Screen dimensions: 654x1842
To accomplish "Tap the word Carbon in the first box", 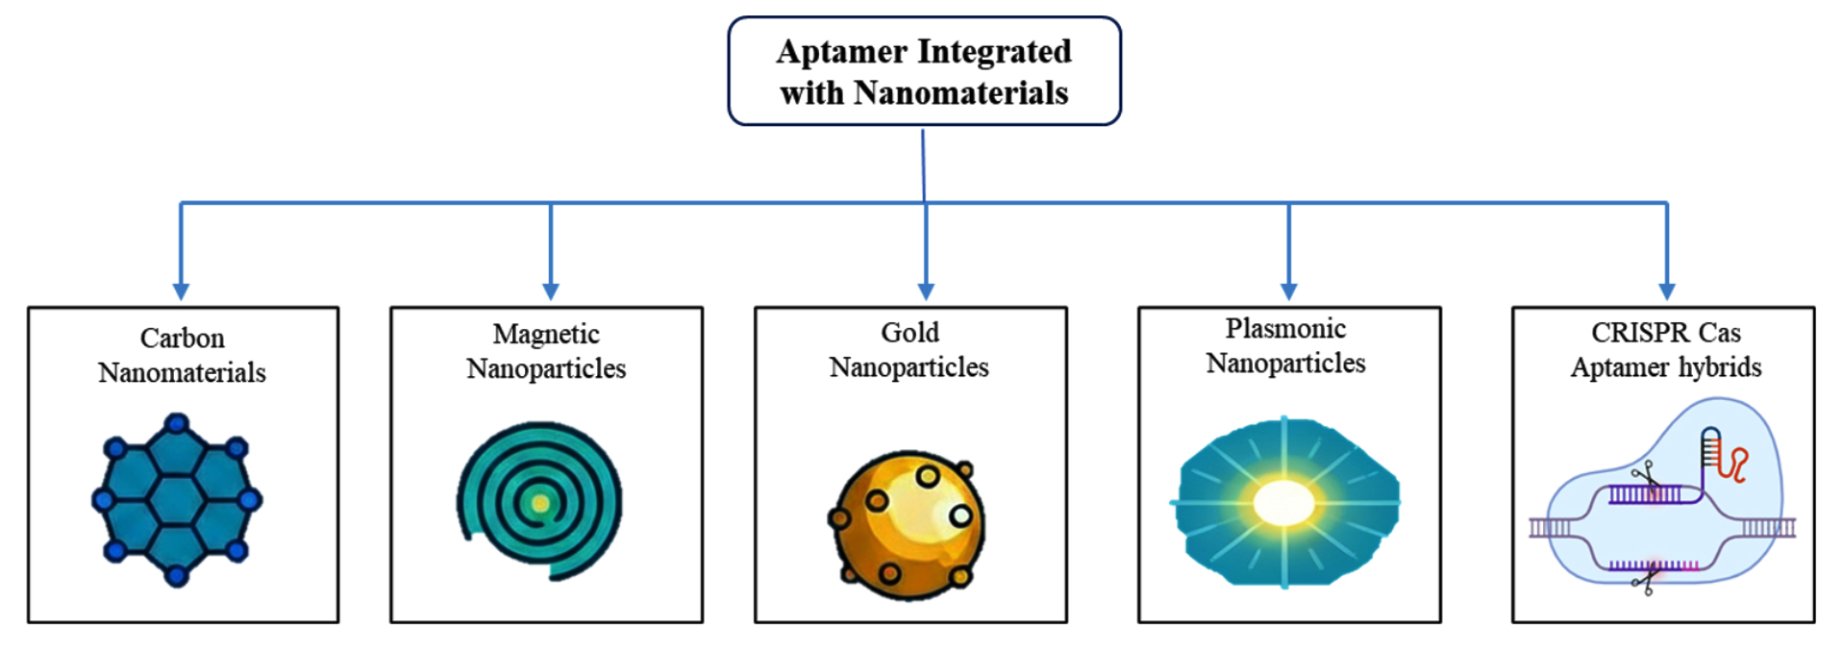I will pyautogui.click(x=182, y=339).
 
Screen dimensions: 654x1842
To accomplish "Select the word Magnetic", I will pyautogui.click(x=546, y=335).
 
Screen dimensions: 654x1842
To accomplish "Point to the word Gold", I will pyautogui.click(x=909, y=333).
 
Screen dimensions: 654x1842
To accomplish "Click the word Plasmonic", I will pyautogui.click(x=1285, y=329).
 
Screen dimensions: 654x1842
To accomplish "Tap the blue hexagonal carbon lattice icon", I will pyautogui.click(x=177, y=500).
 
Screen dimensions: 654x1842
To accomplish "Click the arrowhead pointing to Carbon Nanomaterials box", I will pyautogui.click(x=181, y=290).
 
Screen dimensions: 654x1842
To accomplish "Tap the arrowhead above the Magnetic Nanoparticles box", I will pyautogui.click(x=551, y=290).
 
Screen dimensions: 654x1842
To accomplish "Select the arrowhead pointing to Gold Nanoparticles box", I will pyautogui.click(x=926, y=290).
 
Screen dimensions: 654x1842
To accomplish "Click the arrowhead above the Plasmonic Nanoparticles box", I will pyautogui.click(x=1289, y=290).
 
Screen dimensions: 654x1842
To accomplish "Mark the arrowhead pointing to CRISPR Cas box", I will pyautogui.click(x=1667, y=290).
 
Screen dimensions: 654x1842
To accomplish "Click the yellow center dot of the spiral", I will pyautogui.click(x=540, y=503).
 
